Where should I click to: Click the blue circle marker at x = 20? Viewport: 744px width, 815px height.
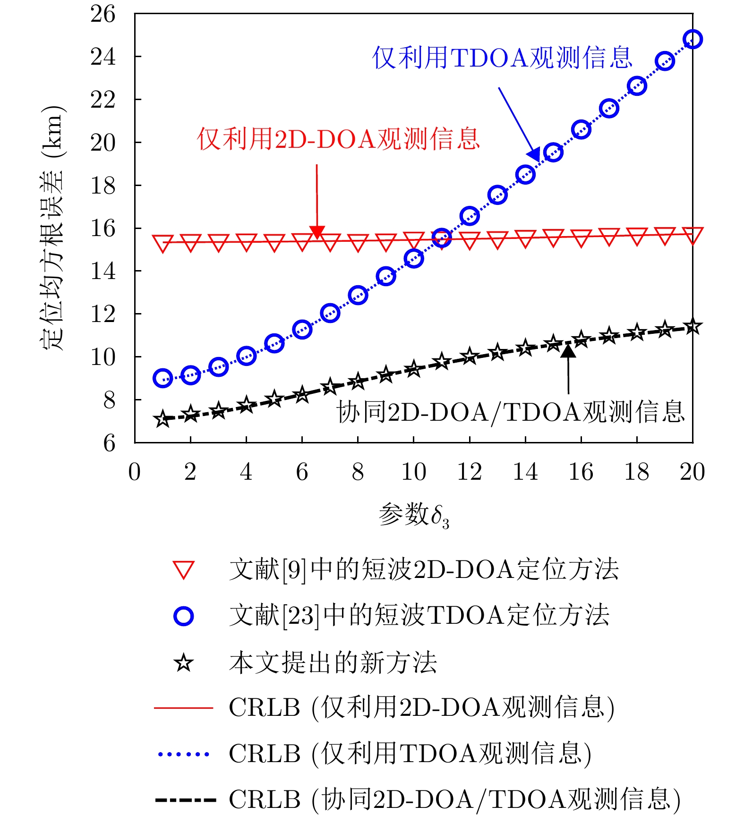(693, 39)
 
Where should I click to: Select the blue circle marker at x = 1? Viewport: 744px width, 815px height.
(162, 378)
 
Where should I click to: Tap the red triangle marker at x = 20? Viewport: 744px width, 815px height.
(693, 235)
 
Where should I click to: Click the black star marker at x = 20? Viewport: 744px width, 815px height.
(693, 327)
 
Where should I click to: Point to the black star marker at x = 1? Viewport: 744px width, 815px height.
(162, 419)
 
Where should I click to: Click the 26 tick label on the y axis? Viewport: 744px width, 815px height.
(103, 14)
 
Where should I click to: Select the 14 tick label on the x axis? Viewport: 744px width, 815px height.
(525, 472)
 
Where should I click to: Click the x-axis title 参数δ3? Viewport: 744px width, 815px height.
(414, 515)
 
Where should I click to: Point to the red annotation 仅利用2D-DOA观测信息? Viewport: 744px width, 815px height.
(338, 139)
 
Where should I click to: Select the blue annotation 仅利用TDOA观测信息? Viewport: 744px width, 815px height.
(502, 58)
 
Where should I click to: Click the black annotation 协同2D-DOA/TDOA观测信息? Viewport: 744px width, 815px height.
(511, 412)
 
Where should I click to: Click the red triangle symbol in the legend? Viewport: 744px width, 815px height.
(183, 570)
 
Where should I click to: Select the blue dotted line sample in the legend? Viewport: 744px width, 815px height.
(183, 754)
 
